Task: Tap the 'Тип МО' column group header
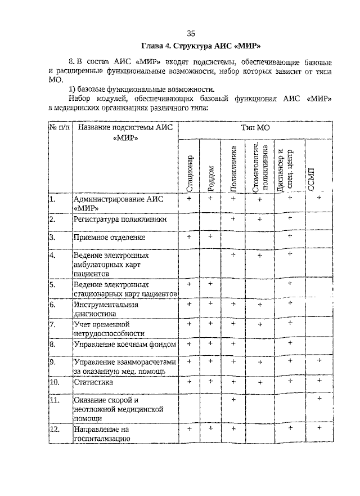(x=255, y=128)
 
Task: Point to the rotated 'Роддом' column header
(x=211, y=178)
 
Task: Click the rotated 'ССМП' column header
(x=313, y=179)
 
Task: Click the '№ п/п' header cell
(x=60, y=128)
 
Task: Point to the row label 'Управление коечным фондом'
(x=124, y=343)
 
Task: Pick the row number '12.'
(x=55, y=430)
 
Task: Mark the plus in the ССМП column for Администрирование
(x=319, y=198)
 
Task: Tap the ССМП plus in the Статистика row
(x=319, y=381)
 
